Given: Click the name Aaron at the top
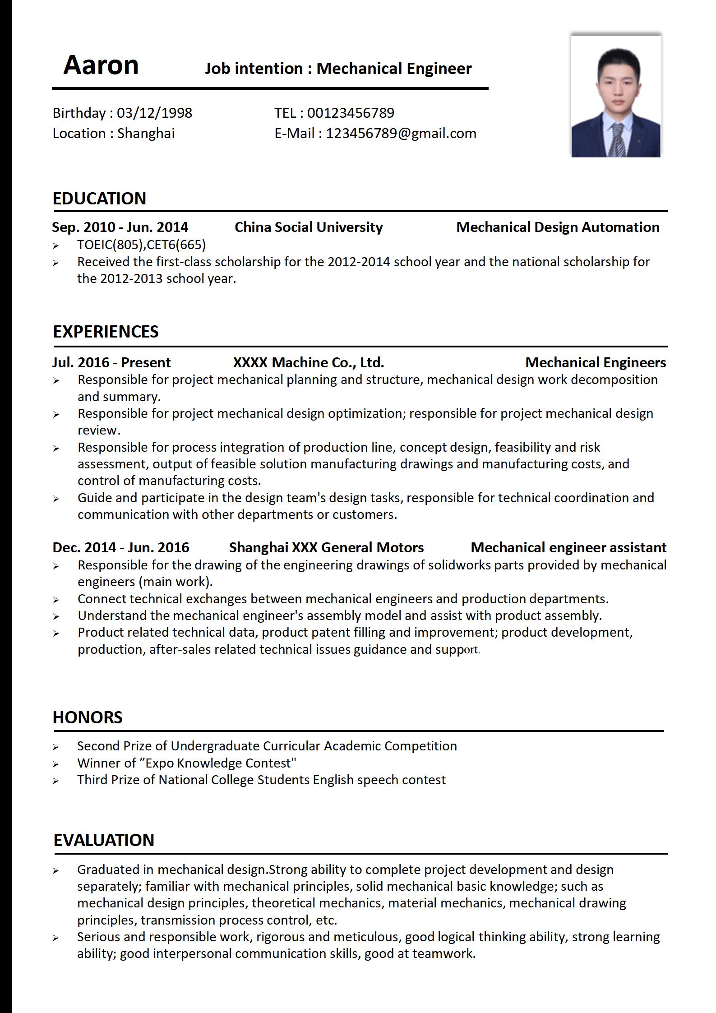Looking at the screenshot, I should (x=101, y=65).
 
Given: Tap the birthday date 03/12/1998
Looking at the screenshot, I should (x=154, y=113).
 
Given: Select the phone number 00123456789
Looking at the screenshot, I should (x=351, y=113).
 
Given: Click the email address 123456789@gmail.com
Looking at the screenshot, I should (x=401, y=134).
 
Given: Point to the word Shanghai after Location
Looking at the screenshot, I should (x=146, y=134).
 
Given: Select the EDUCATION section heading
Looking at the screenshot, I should (x=99, y=199).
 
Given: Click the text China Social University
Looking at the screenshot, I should (x=308, y=227).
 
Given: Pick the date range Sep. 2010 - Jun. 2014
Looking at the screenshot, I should (x=120, y=227).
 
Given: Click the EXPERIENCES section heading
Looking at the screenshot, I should (x=106, y=332).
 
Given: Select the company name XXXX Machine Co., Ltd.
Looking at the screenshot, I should (x=308, y=362).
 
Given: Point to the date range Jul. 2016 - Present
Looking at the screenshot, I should (x=111, y=362).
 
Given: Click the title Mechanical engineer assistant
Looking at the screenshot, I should (x=568, y=547).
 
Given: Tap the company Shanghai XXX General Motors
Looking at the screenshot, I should (x=326, y=547).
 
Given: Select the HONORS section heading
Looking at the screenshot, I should (x=88, y=717).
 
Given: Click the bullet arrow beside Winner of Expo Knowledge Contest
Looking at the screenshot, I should (x=55, y=764).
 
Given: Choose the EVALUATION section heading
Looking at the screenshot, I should (x=104, y=840).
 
